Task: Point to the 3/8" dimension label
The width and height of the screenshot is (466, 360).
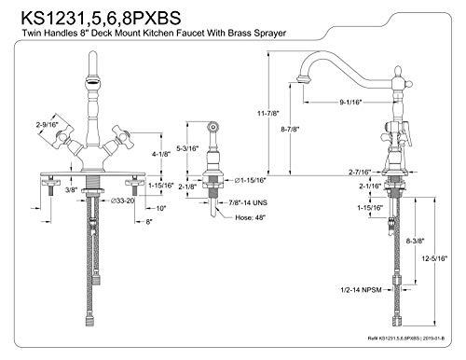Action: [47, 215]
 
